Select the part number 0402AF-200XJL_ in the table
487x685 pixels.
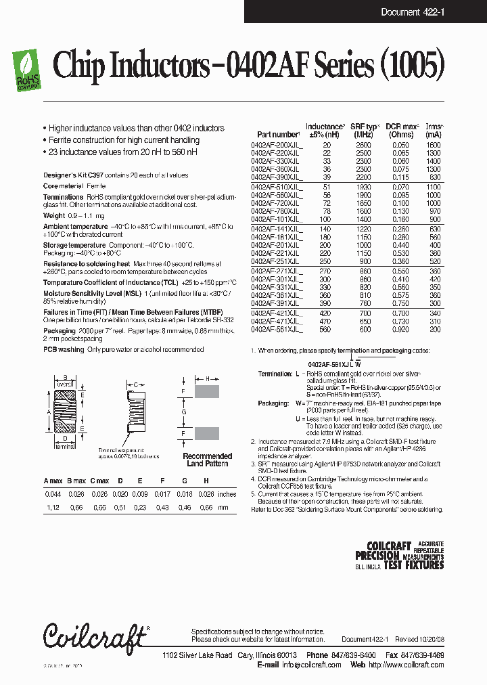(x=277, y=146)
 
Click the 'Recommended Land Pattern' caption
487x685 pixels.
(x=207, y=460)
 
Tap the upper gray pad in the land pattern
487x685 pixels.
(x=206, y=391)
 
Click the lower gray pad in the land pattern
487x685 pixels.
(x=206, y=433)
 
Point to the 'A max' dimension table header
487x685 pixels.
(x=53, y=481)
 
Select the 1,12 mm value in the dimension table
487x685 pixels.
(x=52, y=508)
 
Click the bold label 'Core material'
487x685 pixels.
(x=64, y=185)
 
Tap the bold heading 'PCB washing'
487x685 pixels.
(x=64, y=350)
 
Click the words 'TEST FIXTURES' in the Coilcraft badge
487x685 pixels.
(x=413, y=566)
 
